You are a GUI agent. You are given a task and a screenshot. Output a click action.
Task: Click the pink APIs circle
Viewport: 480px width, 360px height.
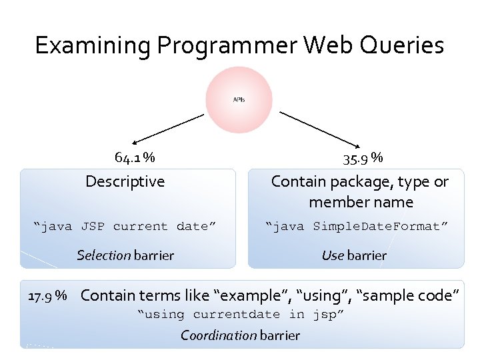tap(239, 100)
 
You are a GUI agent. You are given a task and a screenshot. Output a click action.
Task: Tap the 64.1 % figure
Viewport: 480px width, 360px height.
tap(135, 158)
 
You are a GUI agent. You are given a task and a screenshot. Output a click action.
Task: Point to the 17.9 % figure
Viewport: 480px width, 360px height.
tap(47, 295)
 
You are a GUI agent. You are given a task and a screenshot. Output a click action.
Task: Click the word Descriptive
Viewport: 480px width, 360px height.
tap(125, 181)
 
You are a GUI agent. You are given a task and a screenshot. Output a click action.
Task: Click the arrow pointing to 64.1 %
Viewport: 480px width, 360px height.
tap(167, 128)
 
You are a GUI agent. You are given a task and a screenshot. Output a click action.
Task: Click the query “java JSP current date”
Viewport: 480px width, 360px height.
tap(125, 227)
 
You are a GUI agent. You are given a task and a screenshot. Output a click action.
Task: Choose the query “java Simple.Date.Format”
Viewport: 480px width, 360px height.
tap(357, 227)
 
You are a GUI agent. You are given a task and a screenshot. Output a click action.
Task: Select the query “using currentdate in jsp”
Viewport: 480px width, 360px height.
tap(241, 314)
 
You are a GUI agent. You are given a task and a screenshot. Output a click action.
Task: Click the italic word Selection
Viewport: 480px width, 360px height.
tap(103, 255)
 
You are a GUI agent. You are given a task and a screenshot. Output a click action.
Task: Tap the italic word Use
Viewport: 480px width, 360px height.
tap(332, 255)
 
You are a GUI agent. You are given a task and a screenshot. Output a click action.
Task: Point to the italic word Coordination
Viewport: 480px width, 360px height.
tap(218, 335)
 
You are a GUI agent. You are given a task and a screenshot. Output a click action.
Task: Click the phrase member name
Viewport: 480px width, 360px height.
tap(361, 202)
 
